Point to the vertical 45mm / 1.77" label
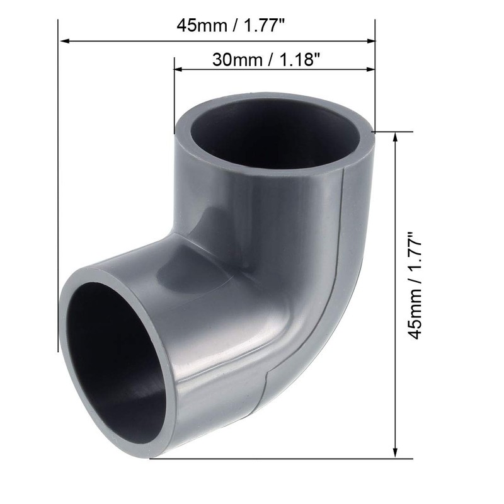[416, 287]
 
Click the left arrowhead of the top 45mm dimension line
[64, 42]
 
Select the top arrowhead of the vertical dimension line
[395, 137]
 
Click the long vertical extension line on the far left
[58, 189]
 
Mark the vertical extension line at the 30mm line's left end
[174, 94]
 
